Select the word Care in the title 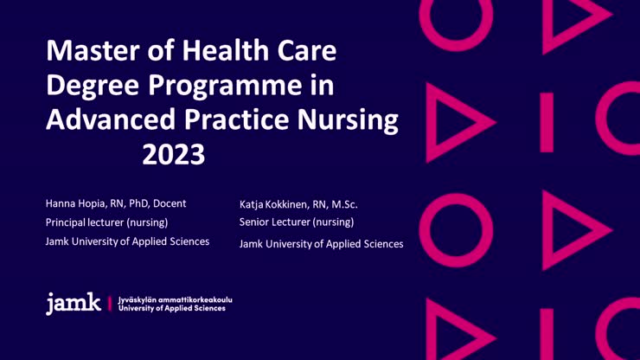tap(307, 50)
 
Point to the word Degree tap(93, 86)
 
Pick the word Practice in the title tap(236, 119)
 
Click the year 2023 tap(174, 154)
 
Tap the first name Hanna tap(58, 203)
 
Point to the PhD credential tap(139, 203)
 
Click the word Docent tap(170, 203)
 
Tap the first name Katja tap(251, 204)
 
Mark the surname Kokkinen tap(287, 204)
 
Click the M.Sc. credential tap(344, 204)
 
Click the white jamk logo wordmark tap(74, 303)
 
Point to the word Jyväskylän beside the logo tap(137, 300)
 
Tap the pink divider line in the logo tap(109, 304)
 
